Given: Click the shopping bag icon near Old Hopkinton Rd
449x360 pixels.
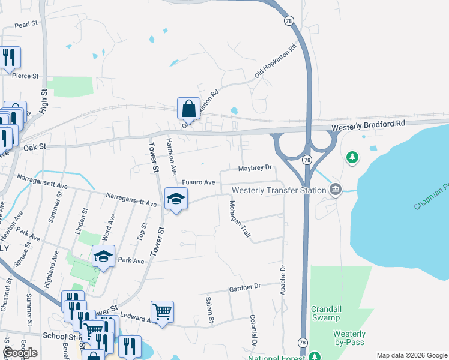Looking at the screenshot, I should click(188, 109).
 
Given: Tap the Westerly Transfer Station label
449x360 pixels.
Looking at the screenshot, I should click(279, 190).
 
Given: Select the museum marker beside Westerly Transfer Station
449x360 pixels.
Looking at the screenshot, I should click(336, 190).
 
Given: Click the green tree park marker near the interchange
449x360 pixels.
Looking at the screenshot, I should click(352, 157).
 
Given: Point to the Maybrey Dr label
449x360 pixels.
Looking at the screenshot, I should click(255, 169).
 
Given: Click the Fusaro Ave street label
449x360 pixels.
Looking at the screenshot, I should click(199, 182).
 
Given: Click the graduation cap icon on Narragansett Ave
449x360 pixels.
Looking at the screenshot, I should click(176, 199).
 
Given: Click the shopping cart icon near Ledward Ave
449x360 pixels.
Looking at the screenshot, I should click(162, 311).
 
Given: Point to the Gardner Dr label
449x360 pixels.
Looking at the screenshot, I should click(246, 288).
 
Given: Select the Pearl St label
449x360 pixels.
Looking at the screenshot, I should click(26, 24).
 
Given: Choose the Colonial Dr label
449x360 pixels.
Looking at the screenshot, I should click(253, 331).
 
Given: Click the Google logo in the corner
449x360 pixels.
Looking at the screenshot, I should click(20, 352).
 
